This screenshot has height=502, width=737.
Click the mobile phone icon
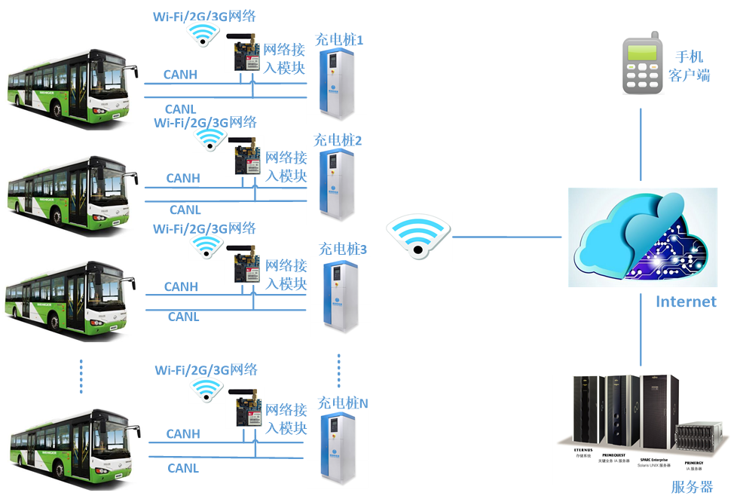(x=643, y=63)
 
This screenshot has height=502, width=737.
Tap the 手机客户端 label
(x=689, y=66)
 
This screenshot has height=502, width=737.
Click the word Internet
(x=685, y=302)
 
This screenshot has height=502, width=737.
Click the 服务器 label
(x=691, y=488)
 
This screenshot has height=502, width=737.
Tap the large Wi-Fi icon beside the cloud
(x=418, y=237)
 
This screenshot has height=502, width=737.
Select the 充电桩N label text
(x=343, y=403)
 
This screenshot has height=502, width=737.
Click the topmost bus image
(x=74, y=89)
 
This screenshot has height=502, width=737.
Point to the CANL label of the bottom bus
(x=183, y=468)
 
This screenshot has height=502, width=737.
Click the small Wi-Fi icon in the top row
(x=203, y=35)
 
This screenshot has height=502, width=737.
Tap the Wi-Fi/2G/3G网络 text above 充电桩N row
(x=206, y=370)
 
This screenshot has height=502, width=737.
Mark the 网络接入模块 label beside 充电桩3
(x=286, y=275)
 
